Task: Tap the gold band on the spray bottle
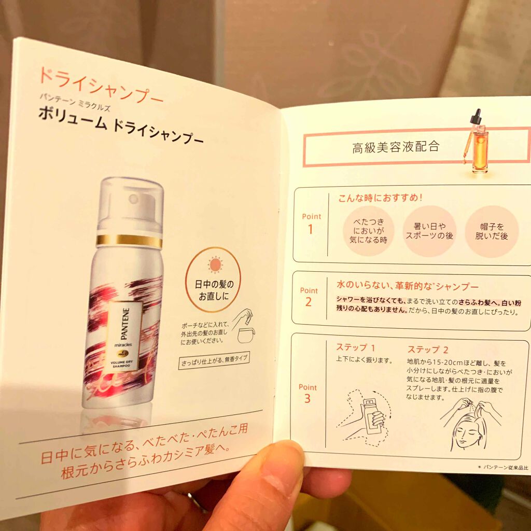pos(129,241)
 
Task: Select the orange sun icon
pos(214,264)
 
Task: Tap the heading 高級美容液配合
pos(396,147)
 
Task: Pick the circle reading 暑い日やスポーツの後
pos(429,231)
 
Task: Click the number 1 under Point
pos(311,229)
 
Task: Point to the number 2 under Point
pos(309,302)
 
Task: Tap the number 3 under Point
pos(308,398)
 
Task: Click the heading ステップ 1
pos(355,347)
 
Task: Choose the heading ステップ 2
pos(428,349)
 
